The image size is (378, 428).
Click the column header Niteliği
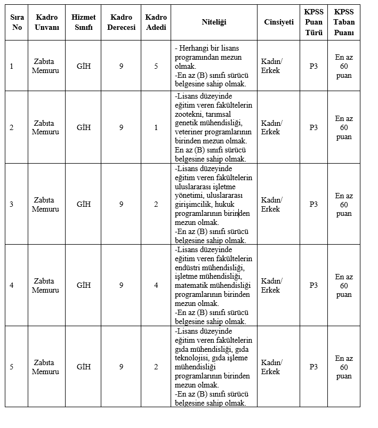(x=214, y=22)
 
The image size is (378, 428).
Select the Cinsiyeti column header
(x=278, y=22)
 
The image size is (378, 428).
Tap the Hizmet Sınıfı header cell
(x=83, y=22)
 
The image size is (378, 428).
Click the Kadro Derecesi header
(x=121, y=22)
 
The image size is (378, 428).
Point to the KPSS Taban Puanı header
(x=344, y=22)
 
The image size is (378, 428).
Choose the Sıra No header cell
(x=17, y=22)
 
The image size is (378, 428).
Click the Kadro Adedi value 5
(x=156, y=66)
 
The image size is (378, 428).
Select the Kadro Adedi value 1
(x=156, y=127)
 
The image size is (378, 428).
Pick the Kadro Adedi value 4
(x=156, y=285)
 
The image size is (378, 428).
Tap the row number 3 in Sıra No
(x=12, y=204)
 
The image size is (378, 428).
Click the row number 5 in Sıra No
(x=12, y=367)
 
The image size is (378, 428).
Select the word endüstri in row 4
(x=188, y=268)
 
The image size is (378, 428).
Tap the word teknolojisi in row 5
(x=192, y=358)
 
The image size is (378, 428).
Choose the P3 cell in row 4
(x=313, y=285)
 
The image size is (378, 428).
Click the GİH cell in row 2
(x=84, y=127)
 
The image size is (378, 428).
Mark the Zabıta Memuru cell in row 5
(x=45, y=367)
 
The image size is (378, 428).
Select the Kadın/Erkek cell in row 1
(x=271, y=66)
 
